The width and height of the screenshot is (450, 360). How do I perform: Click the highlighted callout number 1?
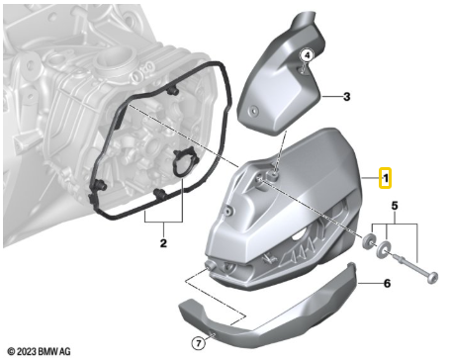coord(387,178)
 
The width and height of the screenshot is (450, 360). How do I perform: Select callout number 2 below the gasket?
coord(163,242)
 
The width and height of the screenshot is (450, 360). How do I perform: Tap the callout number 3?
coord(346,97)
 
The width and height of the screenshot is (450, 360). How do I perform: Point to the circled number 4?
coord(307,55)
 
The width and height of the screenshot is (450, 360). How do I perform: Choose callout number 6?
coord(387,283)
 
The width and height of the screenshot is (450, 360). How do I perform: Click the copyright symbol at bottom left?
coord(11,351)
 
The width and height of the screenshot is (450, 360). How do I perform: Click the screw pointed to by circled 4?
coord(301,72)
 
